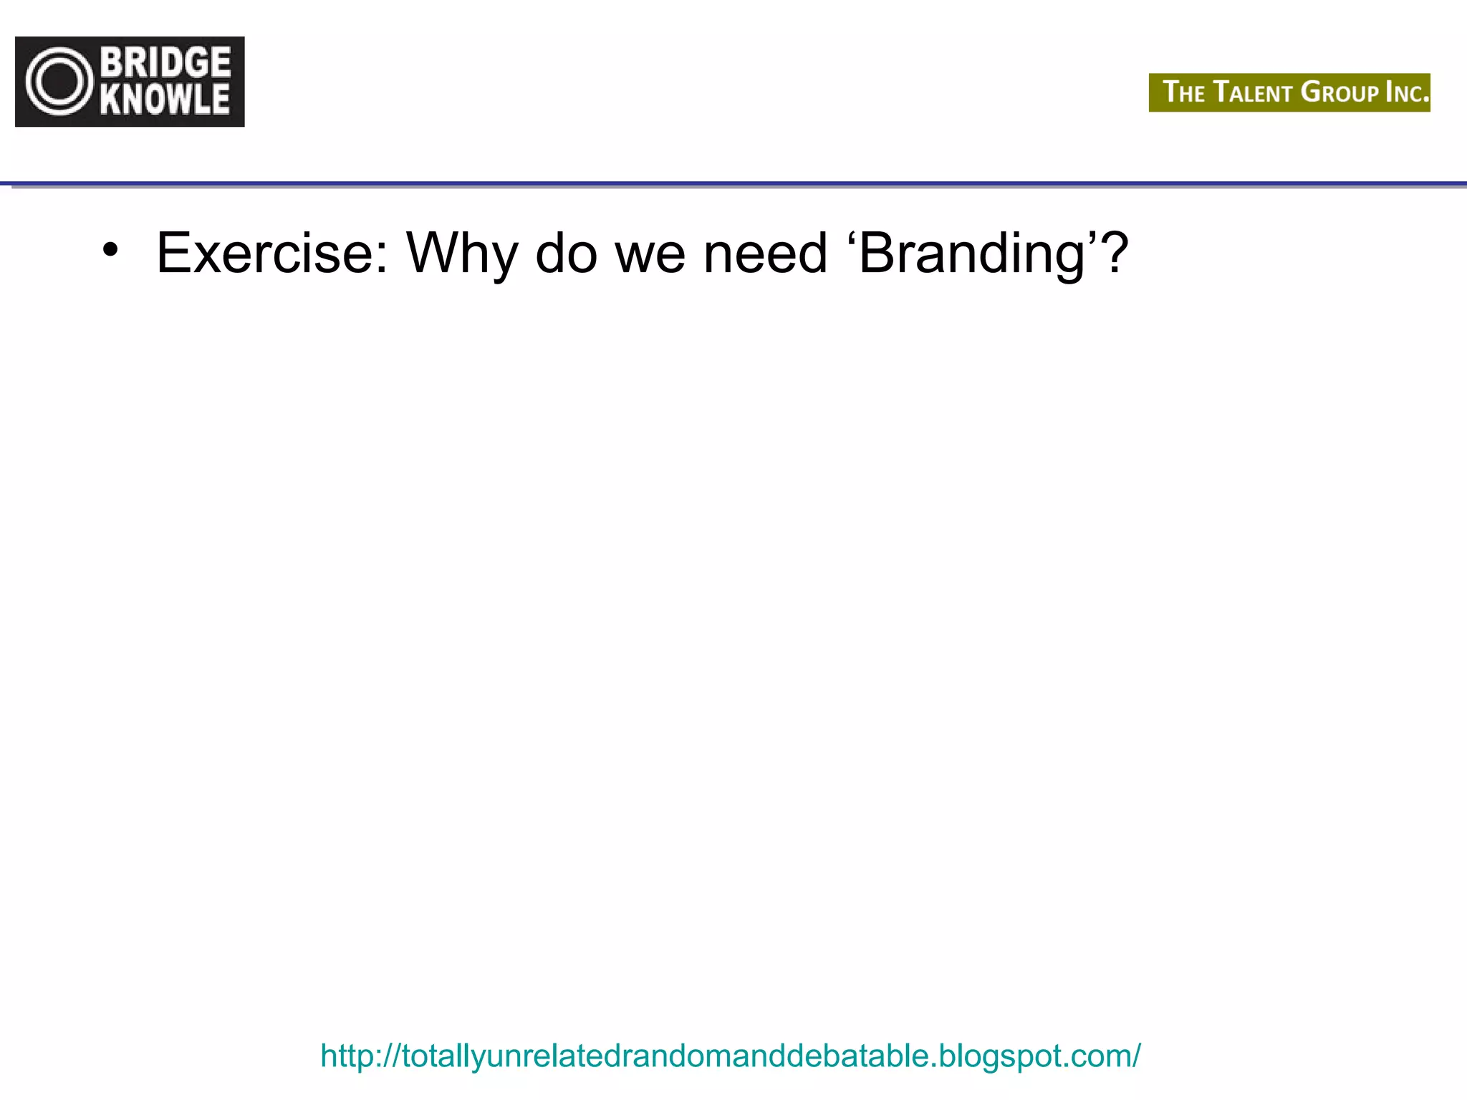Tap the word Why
(461, 254)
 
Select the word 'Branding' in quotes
(974, 254)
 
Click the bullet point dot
(110, 250)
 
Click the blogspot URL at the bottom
(730, 1056)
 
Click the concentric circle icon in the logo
(59, 82)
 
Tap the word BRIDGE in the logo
(165, 62)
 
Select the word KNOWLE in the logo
(165, 100)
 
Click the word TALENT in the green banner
(1253, 92)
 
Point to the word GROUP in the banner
(1339, 92)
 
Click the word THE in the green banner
(1183, 92)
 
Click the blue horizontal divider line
(733, 184)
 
